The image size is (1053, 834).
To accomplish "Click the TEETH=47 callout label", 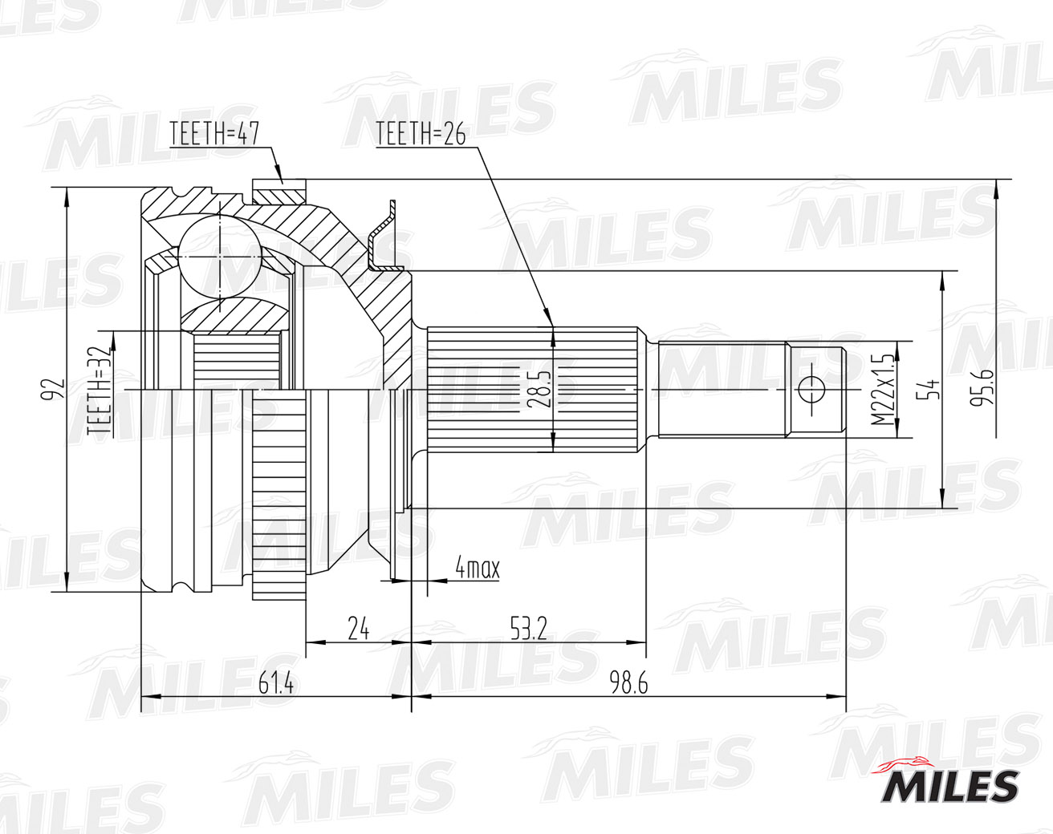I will click(x=213, y=135).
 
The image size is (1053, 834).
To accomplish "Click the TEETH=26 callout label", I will click(x=420, y=135).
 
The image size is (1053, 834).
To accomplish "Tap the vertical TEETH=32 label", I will click(x=100, y=391).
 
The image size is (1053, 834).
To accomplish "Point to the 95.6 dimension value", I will click(x=981, y=386).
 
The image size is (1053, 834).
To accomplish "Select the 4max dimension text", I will click(x=477, y=569).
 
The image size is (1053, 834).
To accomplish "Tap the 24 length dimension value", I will click(x=358, y=628).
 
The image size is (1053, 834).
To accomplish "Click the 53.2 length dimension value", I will click(x=527, y=628).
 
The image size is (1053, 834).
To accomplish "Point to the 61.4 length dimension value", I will click(x=276, y=683).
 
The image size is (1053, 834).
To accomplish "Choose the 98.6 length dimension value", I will click(x=628, y=683).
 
